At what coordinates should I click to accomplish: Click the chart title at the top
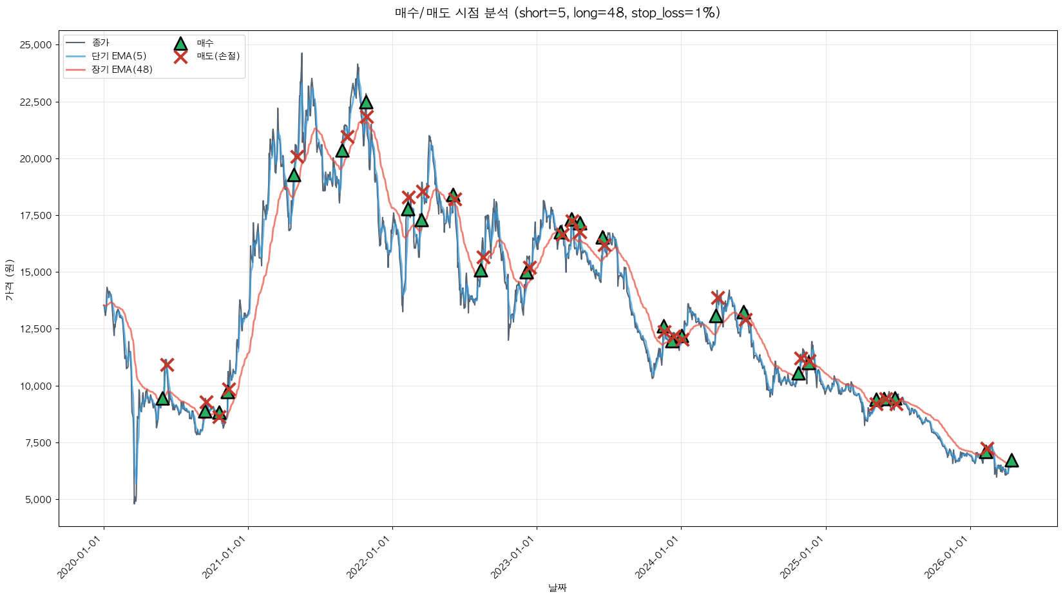(557, 13)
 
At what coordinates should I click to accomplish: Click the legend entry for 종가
(101, 43)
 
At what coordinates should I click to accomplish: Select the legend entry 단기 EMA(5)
(119, 56)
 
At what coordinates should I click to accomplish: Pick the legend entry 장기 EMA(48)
(122, 70)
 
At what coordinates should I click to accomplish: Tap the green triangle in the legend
(180, 44)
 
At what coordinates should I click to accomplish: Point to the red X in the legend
(180, 57)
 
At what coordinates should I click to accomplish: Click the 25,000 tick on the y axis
(35, 45)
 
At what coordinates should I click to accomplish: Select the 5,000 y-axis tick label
(38, 500)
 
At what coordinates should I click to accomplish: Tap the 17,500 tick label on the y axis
(35, 216)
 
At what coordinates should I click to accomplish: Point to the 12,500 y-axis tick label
(35, 329)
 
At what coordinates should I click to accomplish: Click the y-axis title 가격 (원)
(9, 280)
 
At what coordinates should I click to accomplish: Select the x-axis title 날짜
(557, 587)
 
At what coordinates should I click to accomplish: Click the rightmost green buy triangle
(1011, 461)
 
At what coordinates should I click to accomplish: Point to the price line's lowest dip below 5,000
(135, 502)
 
